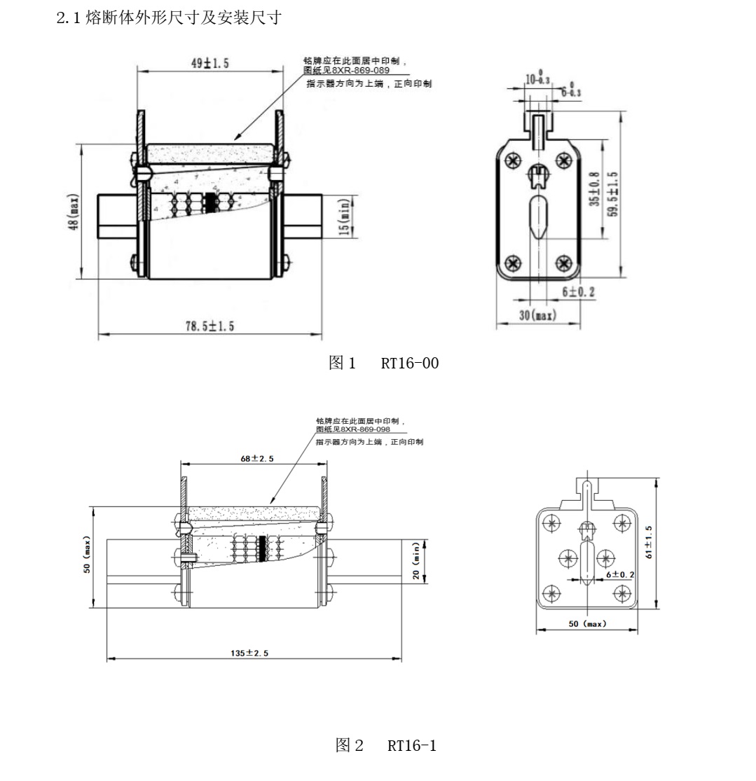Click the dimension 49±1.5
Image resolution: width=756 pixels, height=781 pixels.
206,64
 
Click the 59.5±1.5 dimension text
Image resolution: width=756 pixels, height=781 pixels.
613,194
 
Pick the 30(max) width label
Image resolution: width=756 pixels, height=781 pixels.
537,315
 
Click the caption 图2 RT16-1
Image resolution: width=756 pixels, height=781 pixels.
386,746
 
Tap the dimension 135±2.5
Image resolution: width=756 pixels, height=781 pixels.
249,652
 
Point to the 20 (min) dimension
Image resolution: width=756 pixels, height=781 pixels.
415,561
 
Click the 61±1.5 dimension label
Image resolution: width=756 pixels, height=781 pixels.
649,542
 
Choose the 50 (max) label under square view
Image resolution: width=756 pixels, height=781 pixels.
587,623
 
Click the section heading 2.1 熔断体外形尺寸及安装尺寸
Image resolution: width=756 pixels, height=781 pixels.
168,18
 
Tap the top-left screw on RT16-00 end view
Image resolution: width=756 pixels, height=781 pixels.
514,160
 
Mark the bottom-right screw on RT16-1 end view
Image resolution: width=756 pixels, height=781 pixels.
621,593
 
